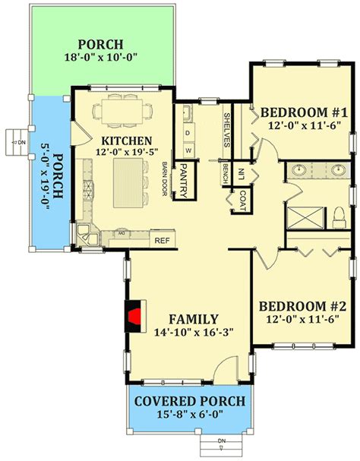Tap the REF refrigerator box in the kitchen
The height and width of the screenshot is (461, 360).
[x=161, y=241]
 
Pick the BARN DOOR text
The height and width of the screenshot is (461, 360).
[x=163, y=177]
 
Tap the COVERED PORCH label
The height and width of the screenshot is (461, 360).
[x=189, y=401]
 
